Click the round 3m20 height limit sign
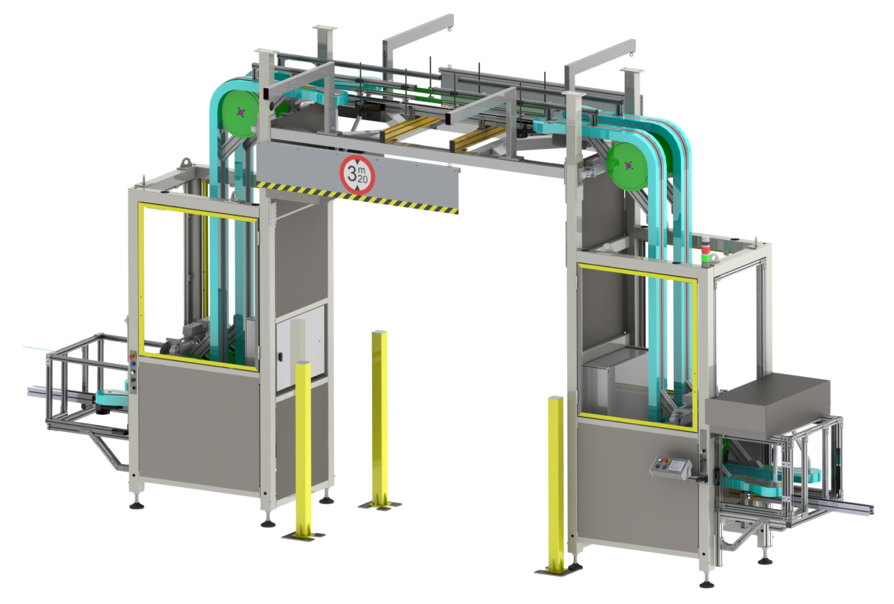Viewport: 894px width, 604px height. point(358,174)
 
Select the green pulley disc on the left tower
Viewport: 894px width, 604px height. point(241,112)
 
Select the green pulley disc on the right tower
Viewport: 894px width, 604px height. point(628,164)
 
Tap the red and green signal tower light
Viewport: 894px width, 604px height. point(706,254)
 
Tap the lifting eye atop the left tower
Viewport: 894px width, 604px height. point(184,162)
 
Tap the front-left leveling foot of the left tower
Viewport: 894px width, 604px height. point(138,502)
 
